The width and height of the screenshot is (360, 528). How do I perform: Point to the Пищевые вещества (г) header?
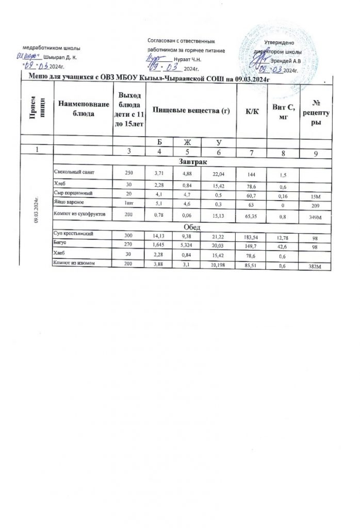[x=191, y=111]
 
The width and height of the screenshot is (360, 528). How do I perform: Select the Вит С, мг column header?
[x=282, y=111]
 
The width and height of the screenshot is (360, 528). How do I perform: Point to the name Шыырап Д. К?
[x=61, y=56]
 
